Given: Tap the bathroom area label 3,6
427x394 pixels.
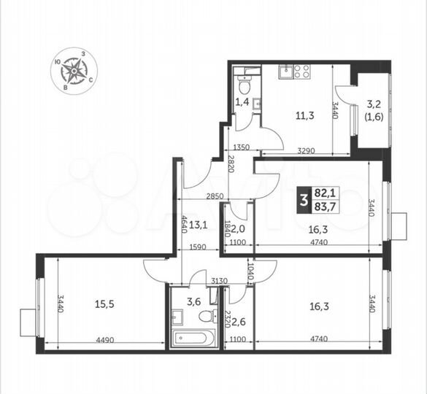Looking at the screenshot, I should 193,299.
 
